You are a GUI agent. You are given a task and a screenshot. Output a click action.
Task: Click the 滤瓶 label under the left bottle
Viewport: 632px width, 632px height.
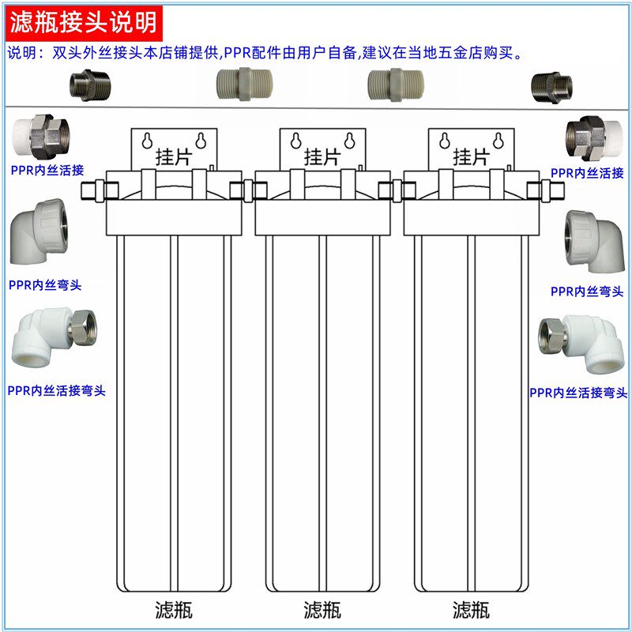[x=174, y=610]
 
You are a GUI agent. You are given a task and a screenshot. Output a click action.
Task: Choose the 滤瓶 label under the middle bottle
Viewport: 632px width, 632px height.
[x=322, y=610]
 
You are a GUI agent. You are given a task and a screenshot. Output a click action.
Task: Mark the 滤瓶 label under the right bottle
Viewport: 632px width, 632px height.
[x=471, y=610]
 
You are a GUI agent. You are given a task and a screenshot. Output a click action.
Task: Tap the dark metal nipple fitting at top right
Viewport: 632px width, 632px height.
[x=551, y=83]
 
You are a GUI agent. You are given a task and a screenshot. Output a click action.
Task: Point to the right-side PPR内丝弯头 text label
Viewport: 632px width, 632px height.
[x=581, y=291]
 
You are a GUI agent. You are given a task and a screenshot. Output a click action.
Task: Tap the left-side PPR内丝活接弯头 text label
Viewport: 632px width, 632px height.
[x=57, y=390]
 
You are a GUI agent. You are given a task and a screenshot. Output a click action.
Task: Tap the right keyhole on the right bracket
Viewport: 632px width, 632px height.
[x=500, y=140]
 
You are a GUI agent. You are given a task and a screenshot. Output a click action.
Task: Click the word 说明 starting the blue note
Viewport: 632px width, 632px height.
[x=21, y=54]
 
